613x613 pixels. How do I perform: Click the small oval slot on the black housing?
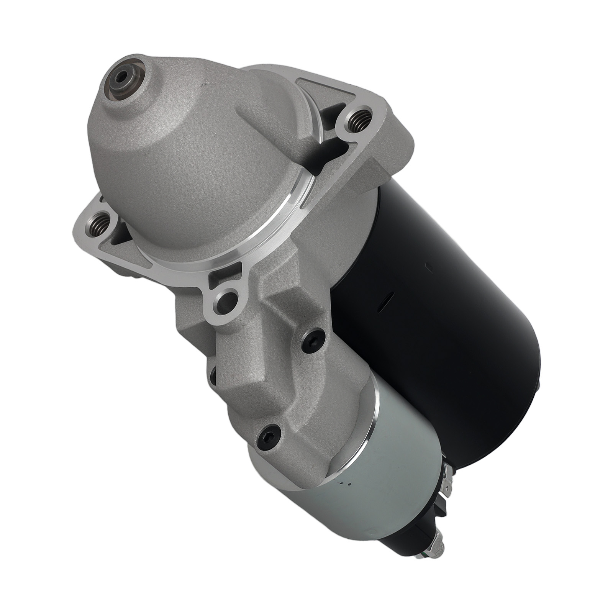[x=388, y=295]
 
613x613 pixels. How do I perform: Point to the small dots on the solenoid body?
[x=344, y=484]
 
